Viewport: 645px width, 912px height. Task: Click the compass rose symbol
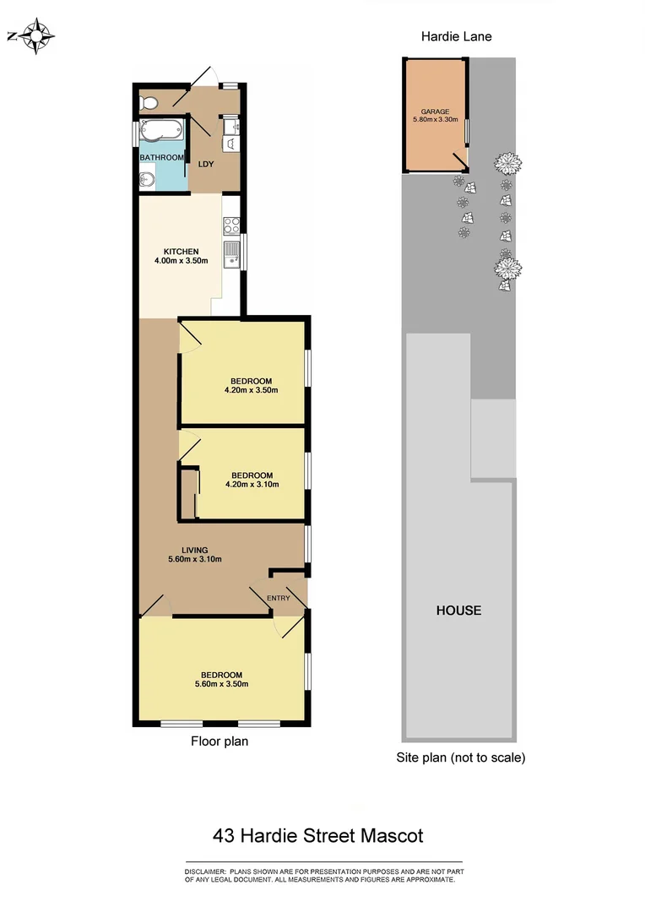36,36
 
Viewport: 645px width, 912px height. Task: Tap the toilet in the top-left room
149,103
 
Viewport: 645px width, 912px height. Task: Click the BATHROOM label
161,158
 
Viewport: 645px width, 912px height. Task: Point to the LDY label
205,164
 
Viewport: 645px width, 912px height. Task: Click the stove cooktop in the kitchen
231,225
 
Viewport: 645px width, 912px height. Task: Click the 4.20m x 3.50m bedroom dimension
252,390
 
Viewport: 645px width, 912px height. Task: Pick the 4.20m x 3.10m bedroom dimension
252,485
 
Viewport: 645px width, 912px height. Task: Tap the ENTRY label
279,599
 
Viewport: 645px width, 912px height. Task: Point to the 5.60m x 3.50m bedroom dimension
221,685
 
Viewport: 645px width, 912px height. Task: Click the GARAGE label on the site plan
435,111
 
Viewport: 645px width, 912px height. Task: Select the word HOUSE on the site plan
458,610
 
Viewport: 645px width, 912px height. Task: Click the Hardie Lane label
457,37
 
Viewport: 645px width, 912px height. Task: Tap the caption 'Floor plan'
220,741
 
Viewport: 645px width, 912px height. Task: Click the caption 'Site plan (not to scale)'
461,757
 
